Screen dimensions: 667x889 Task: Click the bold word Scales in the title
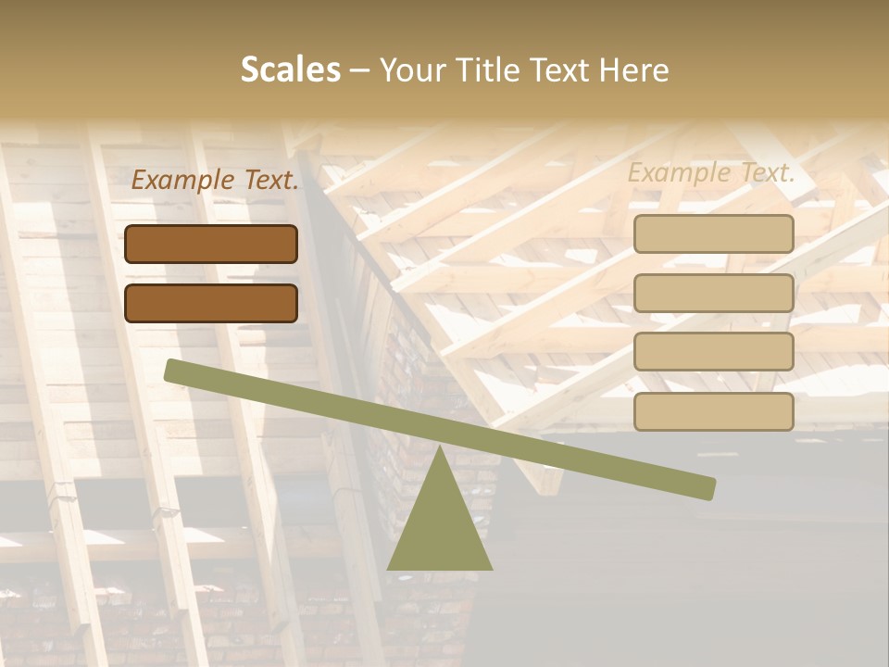290,70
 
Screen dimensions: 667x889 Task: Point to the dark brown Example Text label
215,180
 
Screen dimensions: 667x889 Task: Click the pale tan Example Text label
711,172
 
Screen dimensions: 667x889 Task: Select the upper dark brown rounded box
211,244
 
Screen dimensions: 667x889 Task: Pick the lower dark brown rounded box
211,303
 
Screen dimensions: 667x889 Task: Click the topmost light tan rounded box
714,233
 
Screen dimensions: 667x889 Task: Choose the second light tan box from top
714,293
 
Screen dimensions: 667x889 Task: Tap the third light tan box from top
714,352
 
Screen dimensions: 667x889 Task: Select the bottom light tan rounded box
714,411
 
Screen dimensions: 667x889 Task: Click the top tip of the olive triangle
440,447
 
